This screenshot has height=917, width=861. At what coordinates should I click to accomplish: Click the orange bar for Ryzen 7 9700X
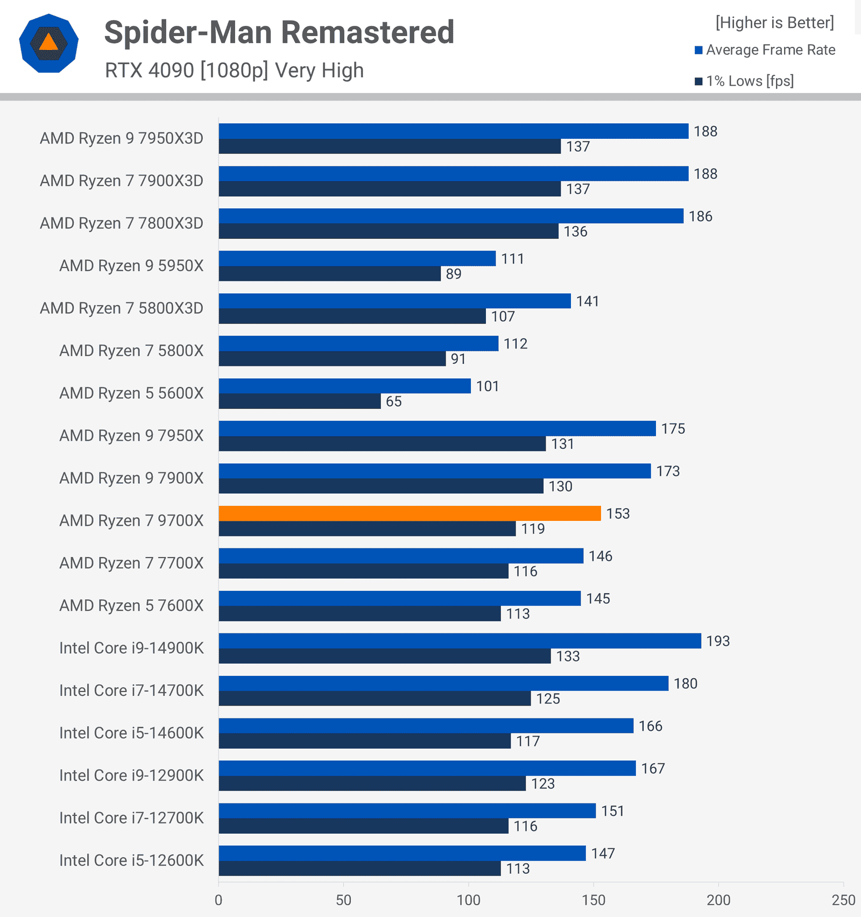tap(409, 513)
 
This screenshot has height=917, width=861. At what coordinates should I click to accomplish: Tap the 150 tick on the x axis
tap(594, 900)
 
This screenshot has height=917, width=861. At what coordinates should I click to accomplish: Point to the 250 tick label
tap(843, 900)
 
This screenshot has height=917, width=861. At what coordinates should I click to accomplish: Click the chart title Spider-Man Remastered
tap(279, 32)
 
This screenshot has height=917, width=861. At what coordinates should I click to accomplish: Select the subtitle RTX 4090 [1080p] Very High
tap(234, 70)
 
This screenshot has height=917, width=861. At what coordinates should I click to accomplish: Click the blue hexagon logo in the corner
tap(48, 43)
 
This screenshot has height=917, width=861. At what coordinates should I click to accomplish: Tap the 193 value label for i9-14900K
tap(718, 641)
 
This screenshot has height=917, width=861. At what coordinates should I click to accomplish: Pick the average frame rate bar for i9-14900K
tap(460, 641)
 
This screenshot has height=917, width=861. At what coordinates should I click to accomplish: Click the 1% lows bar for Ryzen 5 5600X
tap(300, 401)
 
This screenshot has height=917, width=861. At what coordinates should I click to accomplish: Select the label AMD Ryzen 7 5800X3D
tap(122, 308)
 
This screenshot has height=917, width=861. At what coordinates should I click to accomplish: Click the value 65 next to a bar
tap(393, 401)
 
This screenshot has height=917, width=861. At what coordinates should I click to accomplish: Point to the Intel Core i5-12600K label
tap(131, 860)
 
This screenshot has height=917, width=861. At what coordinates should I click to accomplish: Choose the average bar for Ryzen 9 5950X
tap(357, 258)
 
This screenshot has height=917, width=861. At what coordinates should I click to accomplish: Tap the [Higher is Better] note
tap(774, 23)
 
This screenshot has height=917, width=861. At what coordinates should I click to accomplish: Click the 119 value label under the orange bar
tap(533, 529)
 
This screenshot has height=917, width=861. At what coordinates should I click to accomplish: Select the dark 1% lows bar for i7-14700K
tap(375, 699)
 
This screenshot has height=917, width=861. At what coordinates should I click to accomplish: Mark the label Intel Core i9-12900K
tap(131, 775)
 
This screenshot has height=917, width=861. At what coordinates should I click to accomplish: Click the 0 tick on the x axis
tap(218, 900)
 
